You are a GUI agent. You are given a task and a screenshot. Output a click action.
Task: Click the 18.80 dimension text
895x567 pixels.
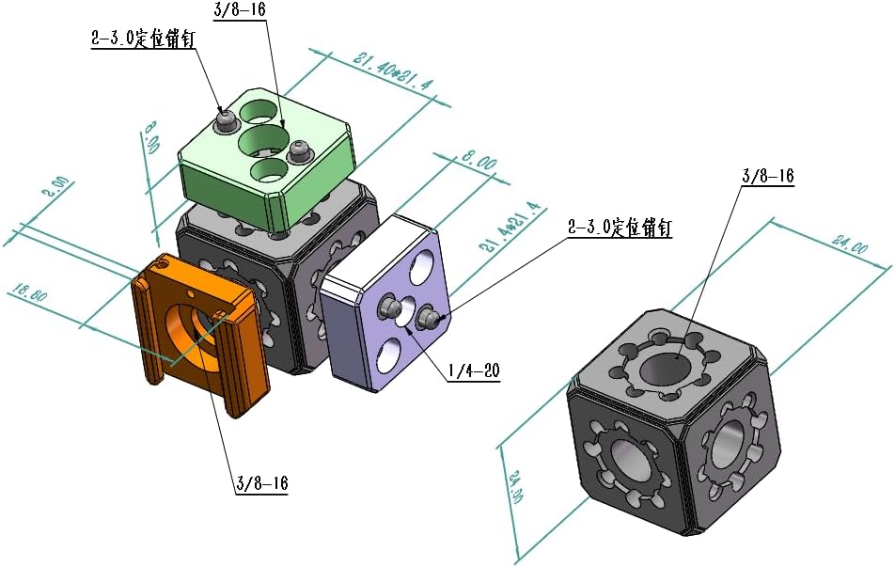tap(28, 293)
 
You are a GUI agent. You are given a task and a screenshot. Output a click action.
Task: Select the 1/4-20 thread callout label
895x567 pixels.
tap(472, 371)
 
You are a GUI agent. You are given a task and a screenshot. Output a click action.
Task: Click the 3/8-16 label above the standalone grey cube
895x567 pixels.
tap(768, 176)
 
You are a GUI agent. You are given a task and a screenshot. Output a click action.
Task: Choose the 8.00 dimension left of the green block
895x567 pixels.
tap(151, 137)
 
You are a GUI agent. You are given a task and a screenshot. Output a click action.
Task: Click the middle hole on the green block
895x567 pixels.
tap(262, 142)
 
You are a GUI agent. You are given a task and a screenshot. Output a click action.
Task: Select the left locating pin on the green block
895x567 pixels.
tap(225, 120)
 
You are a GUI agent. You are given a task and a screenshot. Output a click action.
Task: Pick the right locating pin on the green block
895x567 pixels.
tap(300, 149)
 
